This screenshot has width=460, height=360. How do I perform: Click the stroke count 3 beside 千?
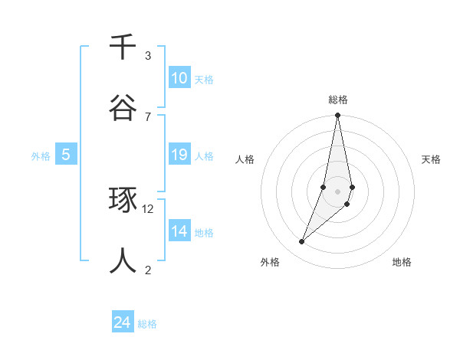pos(148,56)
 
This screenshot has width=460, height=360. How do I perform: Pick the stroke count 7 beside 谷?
pos(148,116)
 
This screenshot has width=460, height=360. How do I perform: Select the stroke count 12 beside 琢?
pos(148,208)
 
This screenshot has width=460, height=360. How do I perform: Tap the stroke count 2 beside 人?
pos(148,270)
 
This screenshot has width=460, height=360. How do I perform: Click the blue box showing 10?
pos(179,78)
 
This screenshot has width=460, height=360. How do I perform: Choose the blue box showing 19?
pos(179,155)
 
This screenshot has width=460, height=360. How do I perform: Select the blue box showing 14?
pos(179,231)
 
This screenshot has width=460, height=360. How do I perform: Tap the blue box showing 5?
pos(66,155)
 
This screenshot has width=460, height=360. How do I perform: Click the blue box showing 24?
pos(123,323)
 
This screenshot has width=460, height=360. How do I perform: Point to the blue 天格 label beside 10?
pos(204,79)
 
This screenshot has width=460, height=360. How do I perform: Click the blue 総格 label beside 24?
pos(147,324)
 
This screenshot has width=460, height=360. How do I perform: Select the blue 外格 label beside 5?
pos(41,156)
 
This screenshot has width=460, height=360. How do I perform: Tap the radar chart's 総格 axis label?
pos(338,100)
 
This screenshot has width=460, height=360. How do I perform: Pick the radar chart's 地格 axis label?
pos(402,263)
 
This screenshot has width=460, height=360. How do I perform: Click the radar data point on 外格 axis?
pos(302,242)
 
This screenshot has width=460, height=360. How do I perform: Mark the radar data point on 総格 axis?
pos(337,116)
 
